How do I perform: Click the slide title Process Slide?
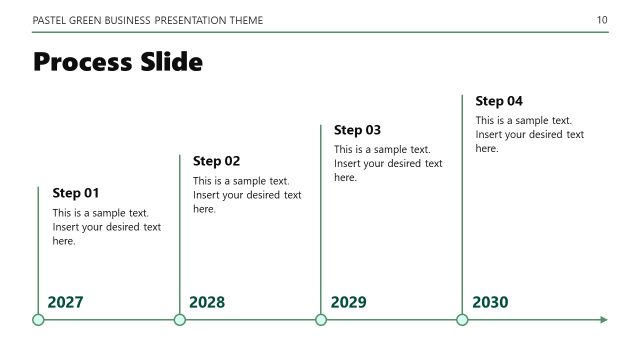(x=118, y=63)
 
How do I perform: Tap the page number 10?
(x=601, y=20)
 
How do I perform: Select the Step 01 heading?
(x=76, y=193)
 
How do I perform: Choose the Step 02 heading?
(x=216, y=161)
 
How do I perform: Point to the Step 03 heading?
(x=357, y=130)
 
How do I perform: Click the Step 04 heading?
(x=499, y=101)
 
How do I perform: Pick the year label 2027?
(x=65, y=302)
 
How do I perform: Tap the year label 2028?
(x=207, y=302)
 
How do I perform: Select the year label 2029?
(x=348, y=302)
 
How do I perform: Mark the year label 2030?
(x=490, y=302)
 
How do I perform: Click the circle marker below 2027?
(x=38, y=320)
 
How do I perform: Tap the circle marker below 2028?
(x=180, y=320)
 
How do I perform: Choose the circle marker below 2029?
(x=321, y=320)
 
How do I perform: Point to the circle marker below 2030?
(x=462, y=320)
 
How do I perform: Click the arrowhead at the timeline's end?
(x=603, y=320)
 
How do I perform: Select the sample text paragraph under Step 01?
(x=106, y=227)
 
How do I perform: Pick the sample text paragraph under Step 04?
(x=529, y=134)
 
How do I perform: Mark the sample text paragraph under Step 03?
(x=388, y=163)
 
